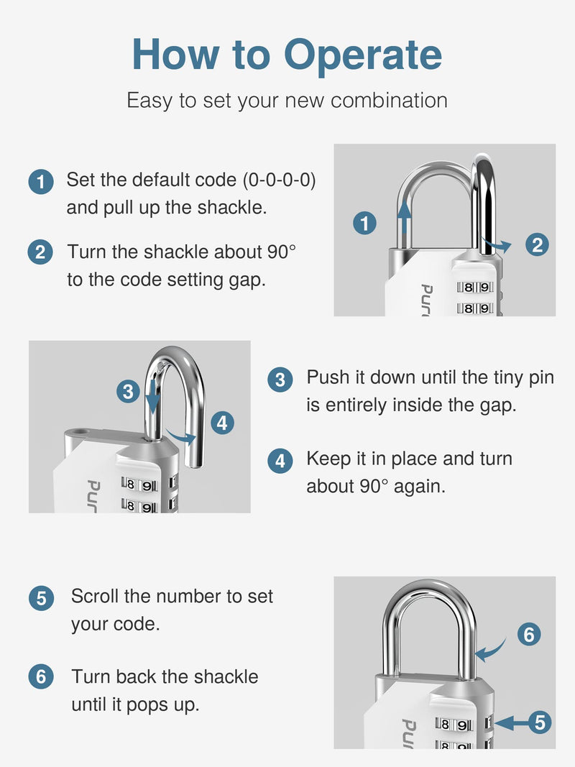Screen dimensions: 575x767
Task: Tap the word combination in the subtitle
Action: click(389, 100)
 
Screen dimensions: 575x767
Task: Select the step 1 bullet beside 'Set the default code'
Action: click(41, 182)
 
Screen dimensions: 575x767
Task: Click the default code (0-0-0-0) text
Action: click(279, 180)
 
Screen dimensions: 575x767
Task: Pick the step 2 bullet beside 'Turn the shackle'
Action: click(40, 252)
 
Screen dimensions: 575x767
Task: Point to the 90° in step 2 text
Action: click(281, 252)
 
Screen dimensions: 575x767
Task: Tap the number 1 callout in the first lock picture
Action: click(364, 223)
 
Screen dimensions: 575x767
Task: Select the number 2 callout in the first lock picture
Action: click(537, 244)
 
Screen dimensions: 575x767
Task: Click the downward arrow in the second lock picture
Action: click(153, 392)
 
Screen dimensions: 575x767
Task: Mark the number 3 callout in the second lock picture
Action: click(128, 392)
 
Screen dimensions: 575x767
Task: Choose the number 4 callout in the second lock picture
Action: click(222, 423)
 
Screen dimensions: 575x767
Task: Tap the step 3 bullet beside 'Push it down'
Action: click(280, 380)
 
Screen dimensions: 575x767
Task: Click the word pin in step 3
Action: click(540, 378)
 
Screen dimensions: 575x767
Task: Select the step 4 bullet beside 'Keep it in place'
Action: click(280, 461)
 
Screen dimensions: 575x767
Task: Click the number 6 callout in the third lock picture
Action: click(529, 635)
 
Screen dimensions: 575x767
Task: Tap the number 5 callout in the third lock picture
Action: click(540, 722)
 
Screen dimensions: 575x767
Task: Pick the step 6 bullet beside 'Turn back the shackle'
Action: click(41, 676)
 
